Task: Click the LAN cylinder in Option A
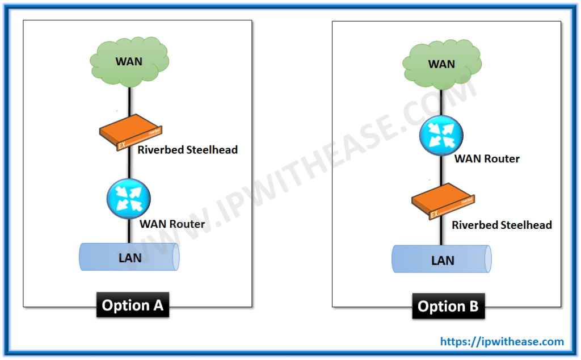pyautogui.click(x=129, y=257)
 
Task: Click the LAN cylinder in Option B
pyautogui.click(x=441, y=260)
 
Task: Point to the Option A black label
pyautogui.click(x=133, y=305)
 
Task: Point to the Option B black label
pyautogui.click(x=448, y=307)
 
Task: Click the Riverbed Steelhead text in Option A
pyautogui.click(x=187, y=150)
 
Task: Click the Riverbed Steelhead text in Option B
pyautogui.click(x=502, y=225)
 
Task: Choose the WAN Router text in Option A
pyautogui.click(x=172, y=224)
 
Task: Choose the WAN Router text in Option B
pyautogui.click(x=487, y=159)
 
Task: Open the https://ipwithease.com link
pyautogui.click(x=502, y=342)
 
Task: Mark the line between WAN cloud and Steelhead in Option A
pyautogui.click(x=130, y=102)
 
